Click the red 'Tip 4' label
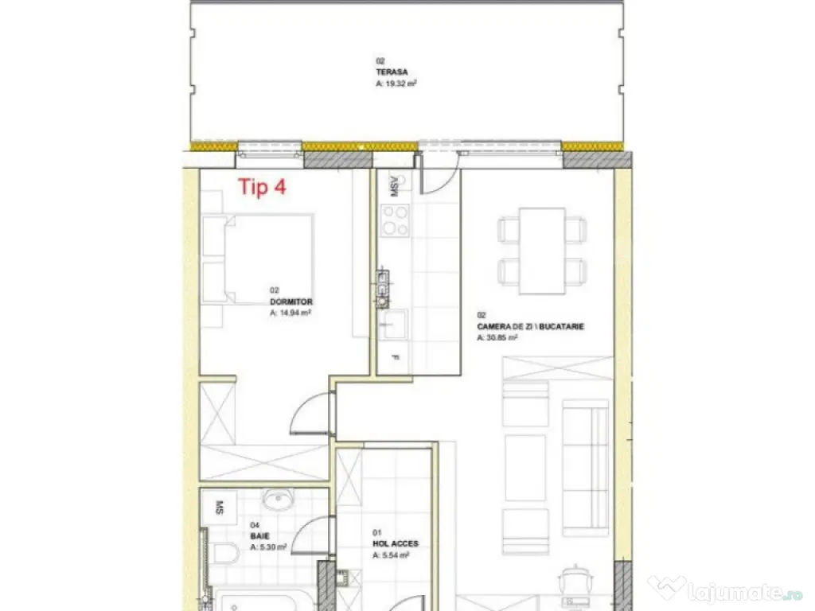click(262, 188)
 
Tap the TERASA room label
click(387, 71)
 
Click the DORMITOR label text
click(291, 302)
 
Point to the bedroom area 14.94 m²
click(291, 313)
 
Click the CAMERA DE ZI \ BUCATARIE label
click(530, 326)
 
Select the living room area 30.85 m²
click(498, 337)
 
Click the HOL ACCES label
click(396, 544)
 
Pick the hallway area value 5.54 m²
click(391, 555)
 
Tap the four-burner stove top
click(395, 220)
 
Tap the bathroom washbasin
click(279, 502)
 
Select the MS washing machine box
click(219, 505)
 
